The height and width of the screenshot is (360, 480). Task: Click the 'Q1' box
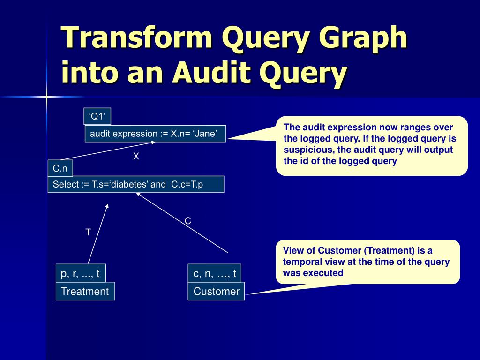coord(98,117)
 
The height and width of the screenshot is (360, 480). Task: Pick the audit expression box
coord(155,134)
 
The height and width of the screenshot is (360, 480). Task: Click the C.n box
coord(60,168)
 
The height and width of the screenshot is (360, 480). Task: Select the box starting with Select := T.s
coord(136,184)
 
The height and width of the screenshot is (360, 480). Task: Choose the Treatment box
coord(85,291)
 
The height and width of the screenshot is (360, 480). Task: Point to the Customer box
coord(216,291)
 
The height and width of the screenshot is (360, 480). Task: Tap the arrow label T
coord(88,232)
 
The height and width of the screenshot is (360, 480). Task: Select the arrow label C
coord(187,221)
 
